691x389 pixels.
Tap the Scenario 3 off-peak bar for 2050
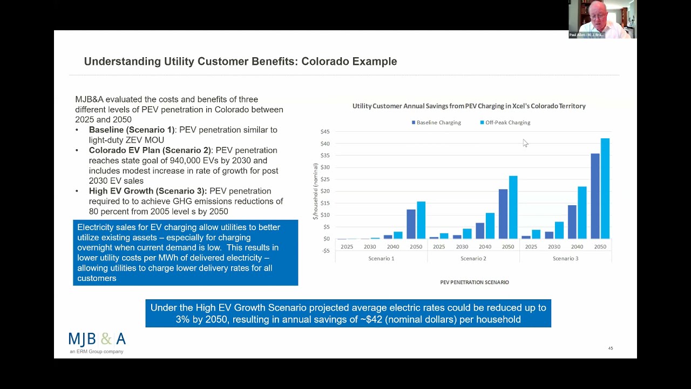pos(605,189)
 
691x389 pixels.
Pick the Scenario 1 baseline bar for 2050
pos(411,224)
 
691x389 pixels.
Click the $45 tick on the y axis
pos(324,132)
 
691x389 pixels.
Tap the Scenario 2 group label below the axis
pos(473,259)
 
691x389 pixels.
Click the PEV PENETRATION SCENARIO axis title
pos(474,282)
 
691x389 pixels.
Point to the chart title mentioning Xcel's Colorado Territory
pos(469,106)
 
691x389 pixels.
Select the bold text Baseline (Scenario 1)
pos(132,130)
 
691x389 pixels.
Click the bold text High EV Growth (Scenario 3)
pos(148,191)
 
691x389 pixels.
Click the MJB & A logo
pos(97,340)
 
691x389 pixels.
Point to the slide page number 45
pos(611,348)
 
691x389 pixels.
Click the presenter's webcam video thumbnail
pos(602,19)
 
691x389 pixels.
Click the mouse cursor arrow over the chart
pos(525,143)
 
